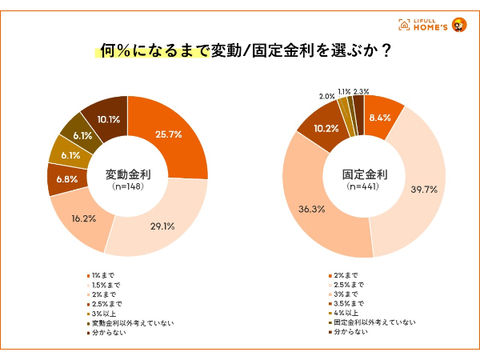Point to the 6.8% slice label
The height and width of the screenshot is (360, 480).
click(67, 179)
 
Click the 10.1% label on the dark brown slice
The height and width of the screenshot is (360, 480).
click(108, 120)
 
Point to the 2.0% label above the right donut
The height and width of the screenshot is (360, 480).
click(326, 96)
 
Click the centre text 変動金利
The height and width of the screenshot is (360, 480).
click(128, 174)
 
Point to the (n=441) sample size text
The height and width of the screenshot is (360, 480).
click(364, 187)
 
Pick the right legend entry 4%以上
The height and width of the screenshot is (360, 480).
click(347, 313)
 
